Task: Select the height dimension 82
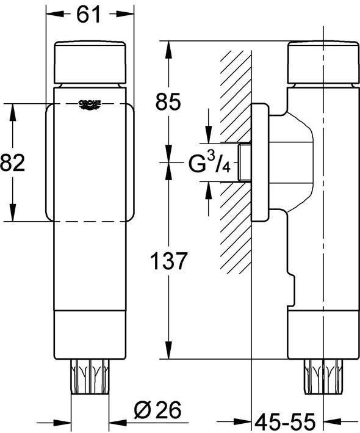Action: (x=13, y=164)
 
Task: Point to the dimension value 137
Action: (x=168, y=261)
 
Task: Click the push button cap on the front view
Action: (x=90, y=62)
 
